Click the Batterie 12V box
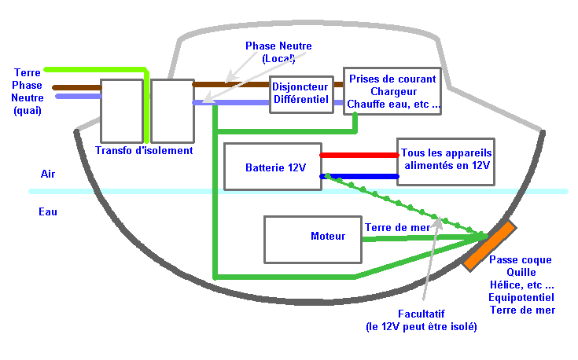point(273,167)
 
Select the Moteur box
point(313,240)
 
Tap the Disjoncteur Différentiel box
point(301,94)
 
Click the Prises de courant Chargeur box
point(392,91)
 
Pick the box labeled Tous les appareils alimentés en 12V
point(446,162)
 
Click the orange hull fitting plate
point(489,246)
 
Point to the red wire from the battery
point(359,155)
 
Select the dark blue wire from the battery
point(359,177)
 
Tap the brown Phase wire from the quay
point(77,88)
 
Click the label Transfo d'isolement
point(144,150)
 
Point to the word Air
point(48,174)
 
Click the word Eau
point(48,212)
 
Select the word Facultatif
point(422,314)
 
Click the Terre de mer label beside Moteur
point(397,228)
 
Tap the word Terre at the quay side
point(28,72)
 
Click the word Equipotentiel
point(521,298)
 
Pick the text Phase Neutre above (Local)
point(278,46)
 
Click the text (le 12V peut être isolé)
point(422,327)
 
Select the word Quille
point(521,273)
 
